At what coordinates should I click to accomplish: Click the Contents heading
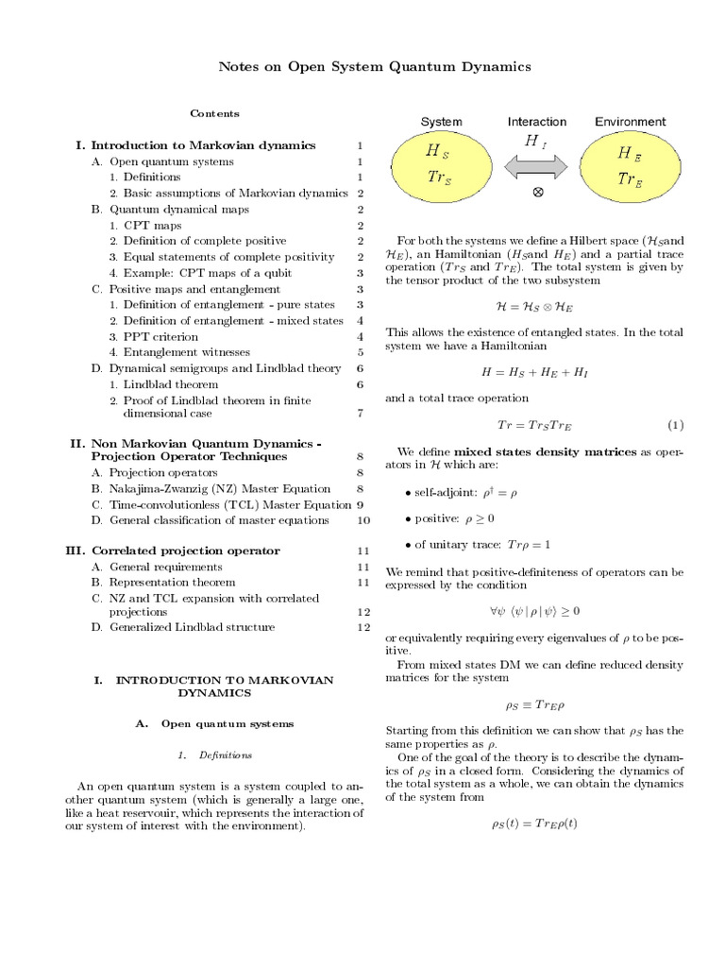pos(214,113)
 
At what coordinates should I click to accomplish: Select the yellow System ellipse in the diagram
pos(444,165)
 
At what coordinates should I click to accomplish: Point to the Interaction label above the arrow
pos(537,122)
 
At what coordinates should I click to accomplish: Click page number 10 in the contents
pos(363,520)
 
